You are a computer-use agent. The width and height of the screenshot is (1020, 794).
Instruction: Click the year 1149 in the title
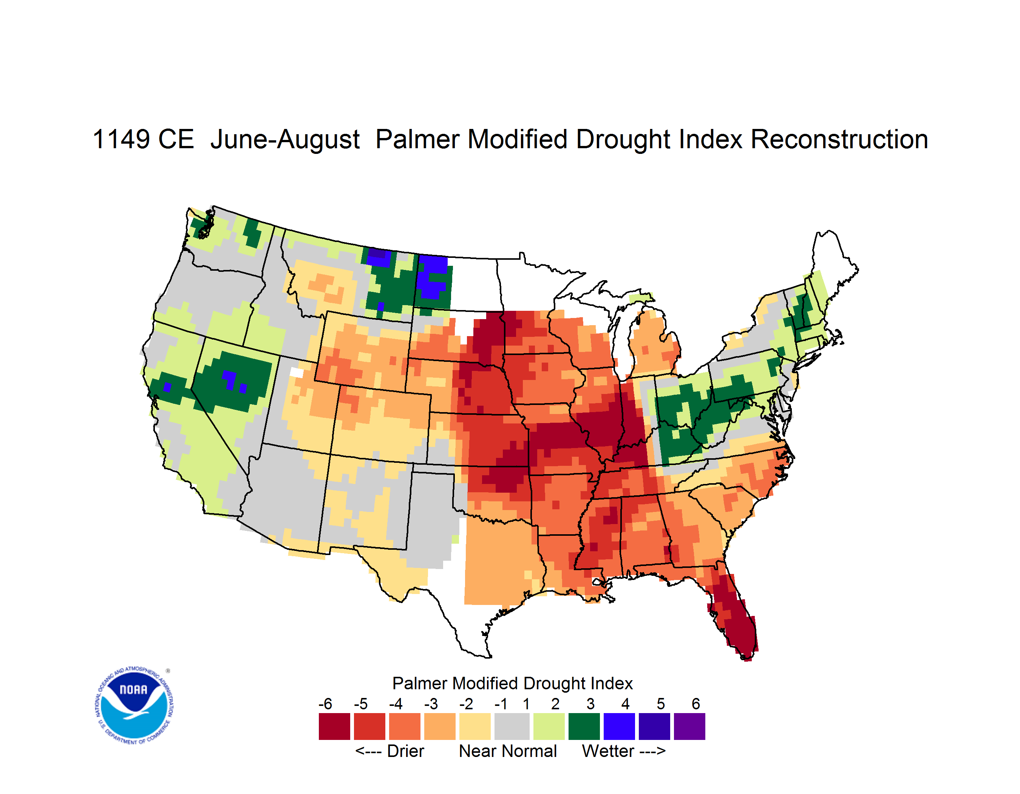121,139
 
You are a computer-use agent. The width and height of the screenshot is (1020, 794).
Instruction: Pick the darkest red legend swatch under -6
334,726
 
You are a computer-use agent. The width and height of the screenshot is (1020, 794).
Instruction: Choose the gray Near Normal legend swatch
512,726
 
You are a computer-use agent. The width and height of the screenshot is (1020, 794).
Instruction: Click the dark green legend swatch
584,726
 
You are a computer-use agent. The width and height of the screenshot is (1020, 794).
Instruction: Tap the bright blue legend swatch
619,726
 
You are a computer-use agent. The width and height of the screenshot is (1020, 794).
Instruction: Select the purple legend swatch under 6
689,726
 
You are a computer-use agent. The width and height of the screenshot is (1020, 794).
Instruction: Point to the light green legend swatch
549,726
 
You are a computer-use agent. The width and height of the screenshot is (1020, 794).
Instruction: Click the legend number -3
431,704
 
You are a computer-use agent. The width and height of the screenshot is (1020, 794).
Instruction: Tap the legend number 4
625,704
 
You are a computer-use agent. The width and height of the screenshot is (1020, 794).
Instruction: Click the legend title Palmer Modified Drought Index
512,683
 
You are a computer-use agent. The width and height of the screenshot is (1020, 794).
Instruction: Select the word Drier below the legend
405,751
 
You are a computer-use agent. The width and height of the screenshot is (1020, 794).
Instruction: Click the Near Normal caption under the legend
508,751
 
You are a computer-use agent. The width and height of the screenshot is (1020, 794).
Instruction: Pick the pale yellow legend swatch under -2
475,726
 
